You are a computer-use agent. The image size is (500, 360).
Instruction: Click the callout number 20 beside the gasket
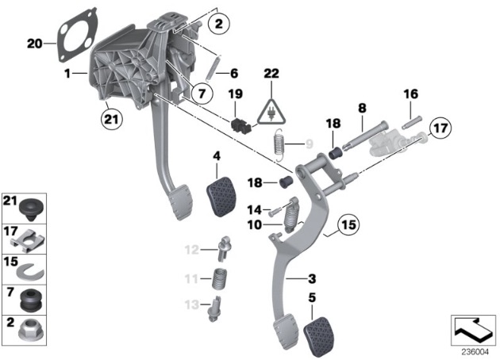point(33,44)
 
